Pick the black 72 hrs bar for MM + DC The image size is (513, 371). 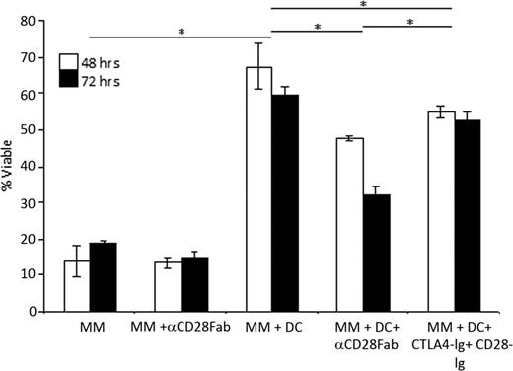click(284, 203)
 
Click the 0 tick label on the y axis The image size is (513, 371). click(37, 312)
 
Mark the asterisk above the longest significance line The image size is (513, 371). click(181, 32)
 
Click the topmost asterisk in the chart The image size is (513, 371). click(363, 5)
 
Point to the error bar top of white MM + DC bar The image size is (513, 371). click(258, 43)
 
